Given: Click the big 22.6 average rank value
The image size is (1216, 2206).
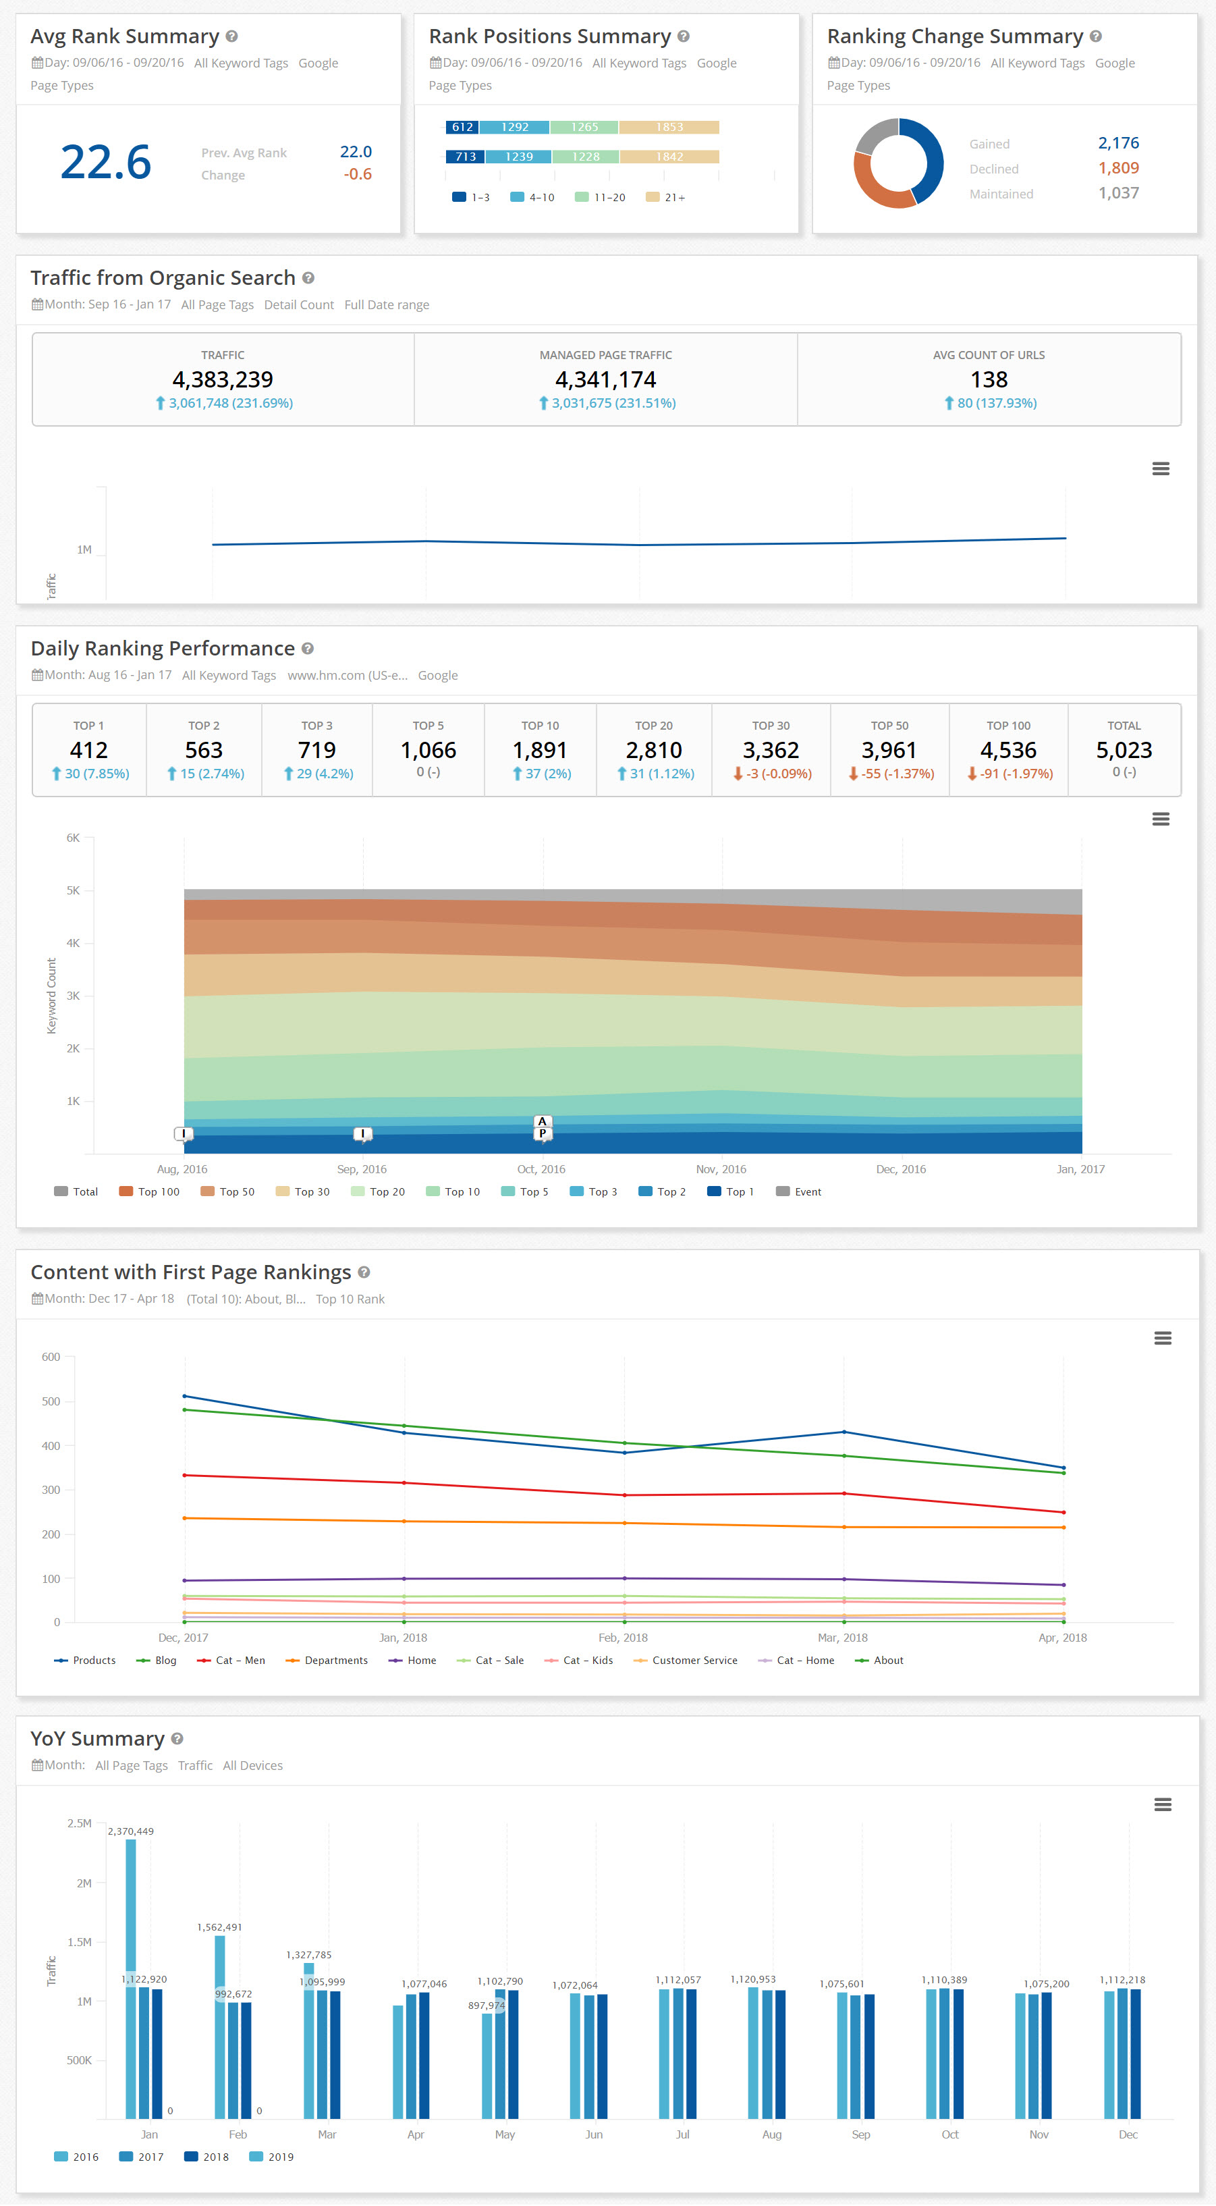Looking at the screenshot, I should point(105,163).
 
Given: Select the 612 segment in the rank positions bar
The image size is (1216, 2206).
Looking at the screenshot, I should point(462,127).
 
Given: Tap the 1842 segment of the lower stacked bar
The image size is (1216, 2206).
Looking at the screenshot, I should point(669,157).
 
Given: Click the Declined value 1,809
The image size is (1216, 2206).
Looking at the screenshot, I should point(1117,168).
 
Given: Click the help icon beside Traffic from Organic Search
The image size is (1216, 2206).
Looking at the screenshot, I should point(308,278).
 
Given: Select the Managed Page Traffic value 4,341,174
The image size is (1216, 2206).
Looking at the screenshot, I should point(605,379).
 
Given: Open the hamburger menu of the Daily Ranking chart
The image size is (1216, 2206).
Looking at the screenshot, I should point(1161,819).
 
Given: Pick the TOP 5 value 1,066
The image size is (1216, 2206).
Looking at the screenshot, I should point(429,750).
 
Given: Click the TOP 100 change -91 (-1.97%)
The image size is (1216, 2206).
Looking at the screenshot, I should point(1008,774).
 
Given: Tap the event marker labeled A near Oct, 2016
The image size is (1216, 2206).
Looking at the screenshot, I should point(542,1121).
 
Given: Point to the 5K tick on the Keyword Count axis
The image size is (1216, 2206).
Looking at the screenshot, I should point(74,890).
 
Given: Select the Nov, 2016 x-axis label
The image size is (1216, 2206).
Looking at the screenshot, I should point(721,1169).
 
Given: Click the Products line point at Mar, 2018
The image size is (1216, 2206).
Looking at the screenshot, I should point(844,1432).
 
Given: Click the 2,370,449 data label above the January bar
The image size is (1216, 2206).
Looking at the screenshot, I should point(131,1831).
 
